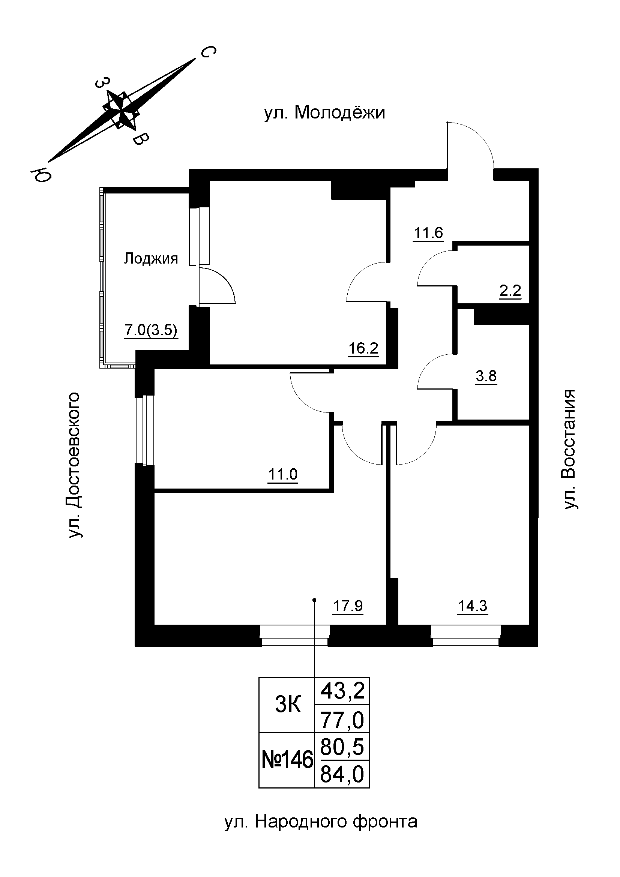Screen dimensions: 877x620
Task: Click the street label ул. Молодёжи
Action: [324, 113]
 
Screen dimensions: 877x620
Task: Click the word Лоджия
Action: [151, 259]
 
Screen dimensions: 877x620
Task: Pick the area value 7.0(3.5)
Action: [151, 330]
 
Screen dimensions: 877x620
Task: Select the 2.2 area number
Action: [510, 291]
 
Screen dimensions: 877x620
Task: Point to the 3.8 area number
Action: [486, 376]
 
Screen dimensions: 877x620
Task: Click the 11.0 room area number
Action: [283, 474]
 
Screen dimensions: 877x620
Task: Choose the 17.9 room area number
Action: [348, 606]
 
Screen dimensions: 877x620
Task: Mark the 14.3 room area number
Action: [473, 606]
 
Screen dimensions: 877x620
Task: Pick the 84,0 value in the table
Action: [342, 774]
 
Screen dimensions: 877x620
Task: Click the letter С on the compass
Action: [207, 53]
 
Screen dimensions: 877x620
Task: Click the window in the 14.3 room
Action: [466, 636]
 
